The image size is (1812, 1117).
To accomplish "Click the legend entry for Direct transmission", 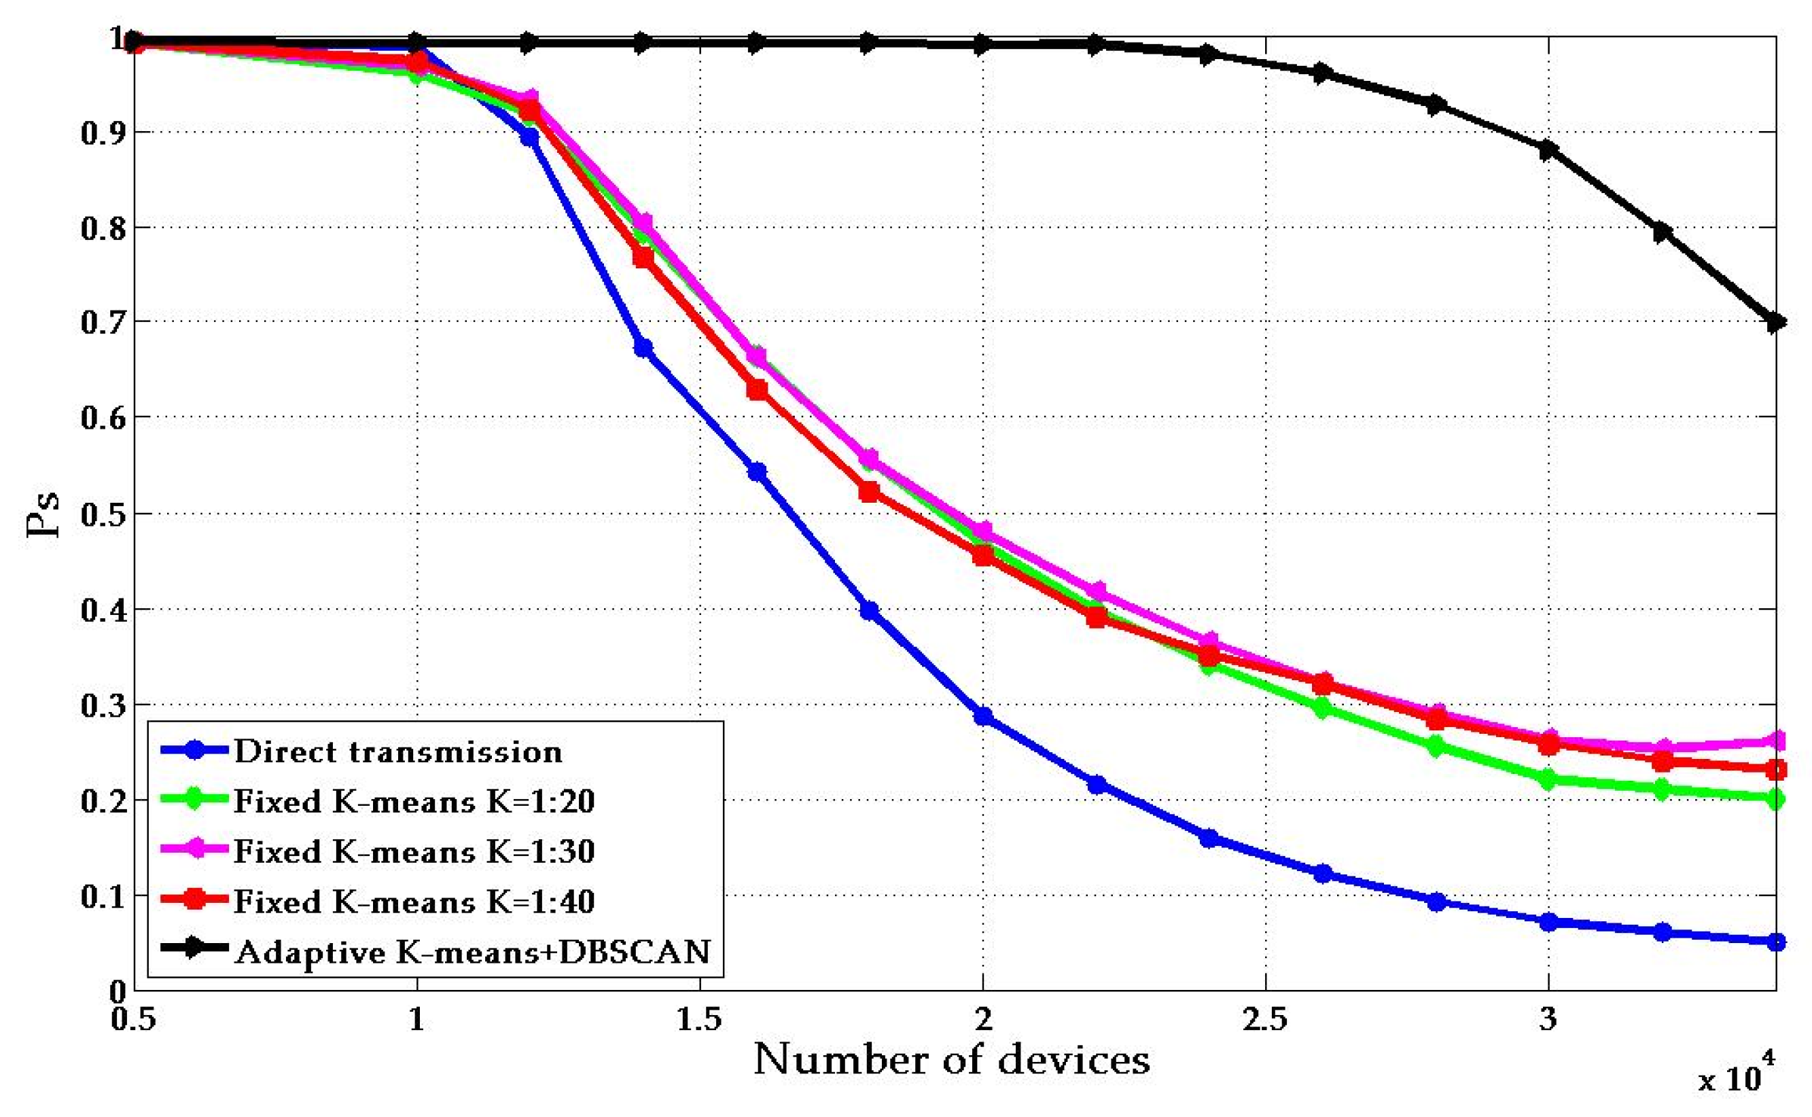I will point(398,752).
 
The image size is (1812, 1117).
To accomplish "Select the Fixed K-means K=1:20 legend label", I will point(414,802).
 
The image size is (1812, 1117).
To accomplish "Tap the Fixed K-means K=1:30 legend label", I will point(414,852).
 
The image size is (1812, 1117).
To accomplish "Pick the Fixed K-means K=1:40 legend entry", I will point(414,902).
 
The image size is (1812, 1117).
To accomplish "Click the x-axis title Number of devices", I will point(951,1059).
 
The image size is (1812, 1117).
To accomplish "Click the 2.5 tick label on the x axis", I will point(1265,1019).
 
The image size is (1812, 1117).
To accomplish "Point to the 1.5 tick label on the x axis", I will point(700,1019).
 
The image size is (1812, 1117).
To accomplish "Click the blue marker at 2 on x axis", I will point(983,716).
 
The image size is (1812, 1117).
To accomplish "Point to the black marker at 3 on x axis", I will point(1549,150).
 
